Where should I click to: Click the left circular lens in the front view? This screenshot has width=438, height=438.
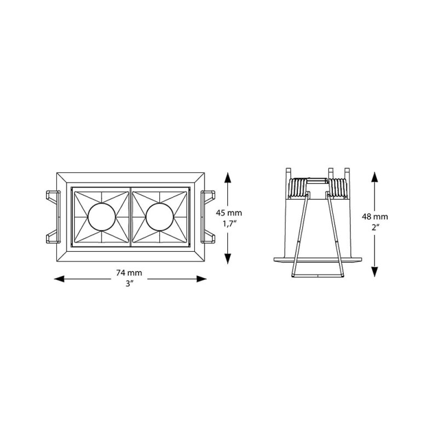point(100,218)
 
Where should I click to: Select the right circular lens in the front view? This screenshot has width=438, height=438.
point(159,218)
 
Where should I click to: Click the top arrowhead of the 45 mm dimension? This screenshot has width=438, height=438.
point(227,176)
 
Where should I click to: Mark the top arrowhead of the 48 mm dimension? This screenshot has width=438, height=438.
point(374,176)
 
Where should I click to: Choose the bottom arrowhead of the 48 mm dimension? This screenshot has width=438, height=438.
point(374,274)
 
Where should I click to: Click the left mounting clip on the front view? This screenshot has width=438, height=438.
point(51,217)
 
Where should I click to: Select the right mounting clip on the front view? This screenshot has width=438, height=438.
point(209,217)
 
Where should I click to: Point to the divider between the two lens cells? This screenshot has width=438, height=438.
point(130,218)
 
